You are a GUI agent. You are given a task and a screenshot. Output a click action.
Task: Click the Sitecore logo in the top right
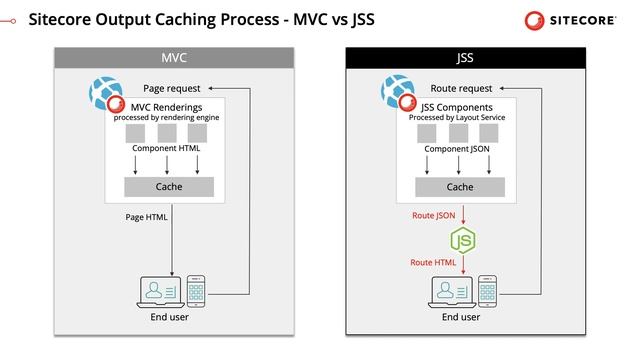tap(575, 19)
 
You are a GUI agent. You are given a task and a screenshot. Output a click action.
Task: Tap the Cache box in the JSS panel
tap(460, 186)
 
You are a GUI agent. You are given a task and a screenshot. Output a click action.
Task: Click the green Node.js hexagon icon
tap(461, 240)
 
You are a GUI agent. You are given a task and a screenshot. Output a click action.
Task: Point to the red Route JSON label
tap(434, 215)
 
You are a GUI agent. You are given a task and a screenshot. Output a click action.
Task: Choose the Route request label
tap(461, 88)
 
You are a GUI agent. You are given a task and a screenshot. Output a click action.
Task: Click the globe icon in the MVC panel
tap(103, 93)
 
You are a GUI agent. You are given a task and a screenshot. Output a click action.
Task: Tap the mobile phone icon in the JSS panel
tap(488, 291)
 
